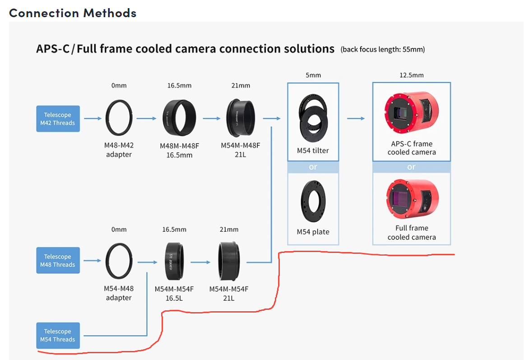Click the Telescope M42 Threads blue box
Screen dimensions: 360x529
pos(58,119)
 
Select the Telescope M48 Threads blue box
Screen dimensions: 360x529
pos(58,261)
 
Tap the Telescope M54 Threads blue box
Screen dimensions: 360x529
pos(58,336)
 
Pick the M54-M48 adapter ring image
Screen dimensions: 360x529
pos(119,261)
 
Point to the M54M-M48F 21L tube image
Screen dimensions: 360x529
pos(241,118)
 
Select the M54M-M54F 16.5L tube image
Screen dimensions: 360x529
pos(174,261)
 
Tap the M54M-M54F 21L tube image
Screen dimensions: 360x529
pos(229,261)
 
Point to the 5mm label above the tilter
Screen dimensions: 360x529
pos(313,75)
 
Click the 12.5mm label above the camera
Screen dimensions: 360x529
pos(411,75)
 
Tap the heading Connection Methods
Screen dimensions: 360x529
pos(73,13)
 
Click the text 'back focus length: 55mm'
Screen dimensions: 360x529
pos(383,49)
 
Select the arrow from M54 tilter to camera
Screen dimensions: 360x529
pos(356,119)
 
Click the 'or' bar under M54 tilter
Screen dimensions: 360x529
pos(313,167)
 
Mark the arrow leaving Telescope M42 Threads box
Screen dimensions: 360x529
pos(93,119)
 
